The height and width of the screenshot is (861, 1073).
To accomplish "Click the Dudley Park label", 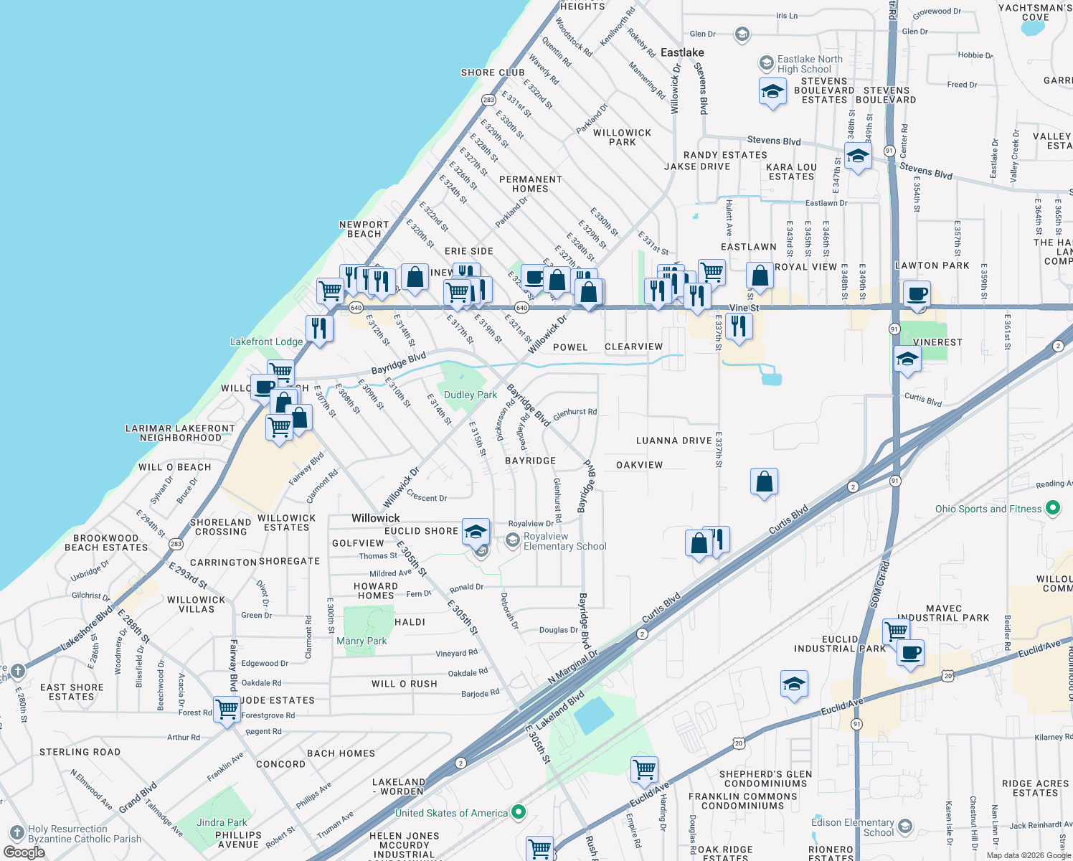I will [470, 395].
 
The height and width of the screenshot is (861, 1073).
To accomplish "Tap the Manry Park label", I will [361, 641].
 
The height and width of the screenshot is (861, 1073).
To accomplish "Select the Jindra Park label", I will [222, 822].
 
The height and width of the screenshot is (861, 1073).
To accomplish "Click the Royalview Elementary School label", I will [564, 541].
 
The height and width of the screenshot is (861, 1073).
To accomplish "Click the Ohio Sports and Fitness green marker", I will [1053, 509].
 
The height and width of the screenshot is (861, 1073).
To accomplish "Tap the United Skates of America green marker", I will [519, 813].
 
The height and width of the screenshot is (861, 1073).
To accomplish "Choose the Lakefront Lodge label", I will [266, 342].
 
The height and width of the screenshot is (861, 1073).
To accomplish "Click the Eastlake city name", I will [682, 52].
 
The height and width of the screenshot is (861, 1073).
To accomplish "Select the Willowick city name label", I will [376, 518].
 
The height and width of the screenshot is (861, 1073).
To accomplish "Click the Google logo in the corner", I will [24, 852].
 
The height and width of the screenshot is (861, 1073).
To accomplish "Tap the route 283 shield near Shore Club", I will [488, 100].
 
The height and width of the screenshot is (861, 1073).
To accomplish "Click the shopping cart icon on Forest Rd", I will [227, 709].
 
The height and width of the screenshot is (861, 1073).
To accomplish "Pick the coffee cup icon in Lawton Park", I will [917, 293].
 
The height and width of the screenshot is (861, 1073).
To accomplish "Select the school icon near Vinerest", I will [907, 359].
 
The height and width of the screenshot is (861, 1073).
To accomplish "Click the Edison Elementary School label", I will [853, 827].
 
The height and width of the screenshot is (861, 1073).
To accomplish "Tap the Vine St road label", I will [744, 308].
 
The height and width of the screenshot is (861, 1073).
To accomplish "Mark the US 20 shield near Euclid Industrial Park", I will [948, 676].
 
